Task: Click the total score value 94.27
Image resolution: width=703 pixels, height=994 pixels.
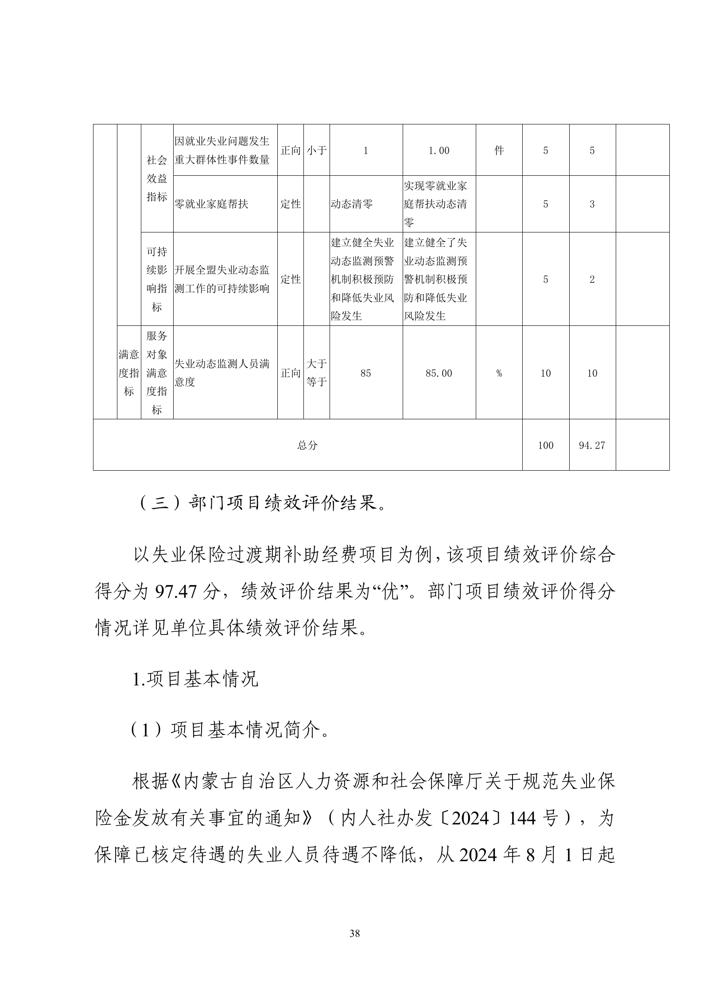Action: click(x=592, y=445)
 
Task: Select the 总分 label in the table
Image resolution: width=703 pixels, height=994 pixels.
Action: click(x=307, y=445)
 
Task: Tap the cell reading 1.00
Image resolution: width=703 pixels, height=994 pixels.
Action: click(x=439, y=151)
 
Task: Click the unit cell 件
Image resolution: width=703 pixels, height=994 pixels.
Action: click(x=499, y=151)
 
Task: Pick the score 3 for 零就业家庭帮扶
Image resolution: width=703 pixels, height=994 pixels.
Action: click(x=592, y=204)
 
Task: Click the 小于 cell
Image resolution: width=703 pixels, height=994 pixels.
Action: click(x=317, y=151)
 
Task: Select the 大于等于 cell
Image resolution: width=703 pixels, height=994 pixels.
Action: click(x=317, y=373)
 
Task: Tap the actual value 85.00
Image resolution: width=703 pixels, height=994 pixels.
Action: click(x=439, y=373)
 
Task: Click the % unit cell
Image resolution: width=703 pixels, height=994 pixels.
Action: click(x=499, y=373)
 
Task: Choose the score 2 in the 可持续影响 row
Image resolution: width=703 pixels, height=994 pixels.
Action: click(x=592, y=279)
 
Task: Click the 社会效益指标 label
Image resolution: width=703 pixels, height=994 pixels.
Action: click(x=157, y=178)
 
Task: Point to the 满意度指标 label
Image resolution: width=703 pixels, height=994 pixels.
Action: click(x=129, y=373)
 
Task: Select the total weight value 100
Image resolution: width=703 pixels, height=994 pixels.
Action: click(x=546, y=445)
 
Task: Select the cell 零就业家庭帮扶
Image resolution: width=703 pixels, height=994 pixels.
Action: click(x=212, y=204)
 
